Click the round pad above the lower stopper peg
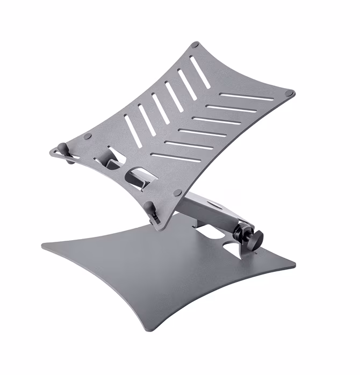click(x=177, y=192)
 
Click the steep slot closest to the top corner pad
click(x=199, y=71)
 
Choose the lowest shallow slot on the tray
click(x=172, y=157)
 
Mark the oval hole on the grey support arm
click(x=214, y=205)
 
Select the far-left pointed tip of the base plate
click(x=44, y=246)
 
